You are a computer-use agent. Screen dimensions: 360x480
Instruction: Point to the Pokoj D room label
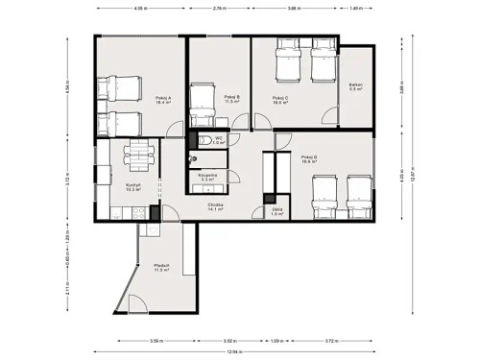pos(309,159)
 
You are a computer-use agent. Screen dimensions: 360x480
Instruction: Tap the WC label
pos(219,140)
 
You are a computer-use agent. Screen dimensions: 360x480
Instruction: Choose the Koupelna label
pos(207,177)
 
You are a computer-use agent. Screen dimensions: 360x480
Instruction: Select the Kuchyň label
pos(133,187)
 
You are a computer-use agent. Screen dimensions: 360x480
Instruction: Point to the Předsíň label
pos(162,268)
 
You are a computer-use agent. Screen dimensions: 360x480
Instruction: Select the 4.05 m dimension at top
pos(140,9)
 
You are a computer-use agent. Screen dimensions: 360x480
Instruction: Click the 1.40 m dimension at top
pos(357,9)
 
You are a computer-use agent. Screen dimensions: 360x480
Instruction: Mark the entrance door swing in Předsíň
pos(132,304)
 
